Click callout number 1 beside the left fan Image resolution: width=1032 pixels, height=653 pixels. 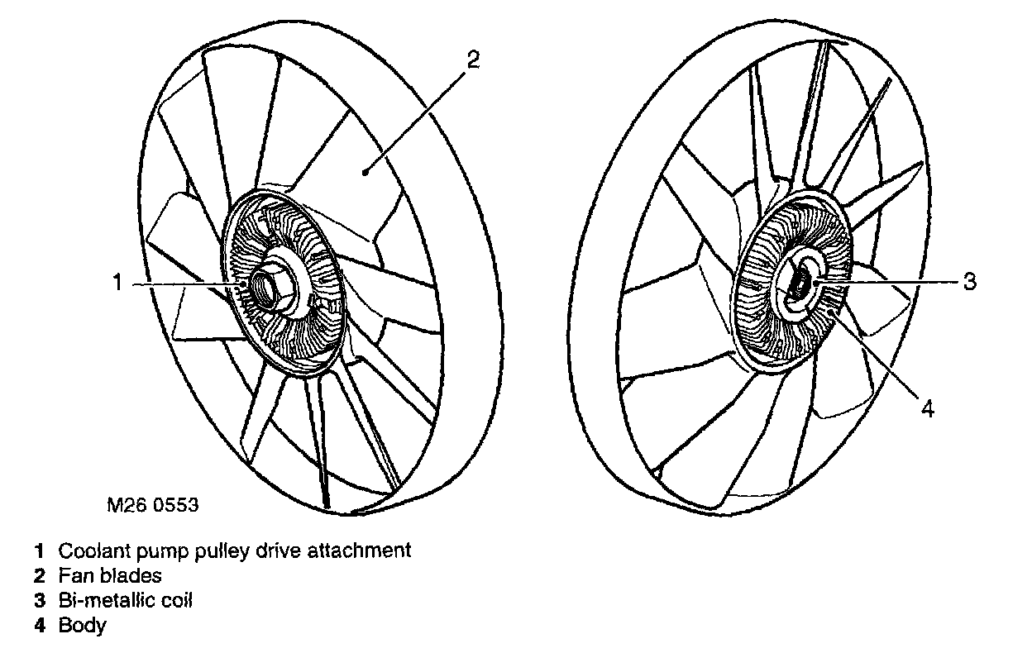(117, 284)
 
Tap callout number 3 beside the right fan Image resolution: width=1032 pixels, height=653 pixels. (969, 281)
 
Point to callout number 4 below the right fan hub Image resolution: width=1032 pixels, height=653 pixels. (927, 408)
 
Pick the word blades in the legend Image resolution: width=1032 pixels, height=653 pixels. (137, 574)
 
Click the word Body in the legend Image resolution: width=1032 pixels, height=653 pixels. (82, 625)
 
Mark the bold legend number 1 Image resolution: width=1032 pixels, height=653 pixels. (39, 550)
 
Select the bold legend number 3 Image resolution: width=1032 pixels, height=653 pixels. (39, 599)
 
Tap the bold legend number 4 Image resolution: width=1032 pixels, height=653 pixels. (39, 625)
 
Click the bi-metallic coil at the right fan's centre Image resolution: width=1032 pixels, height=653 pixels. (800, 284)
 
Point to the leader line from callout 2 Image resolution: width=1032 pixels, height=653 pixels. (413, 116)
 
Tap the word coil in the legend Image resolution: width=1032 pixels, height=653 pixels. (176, 599)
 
